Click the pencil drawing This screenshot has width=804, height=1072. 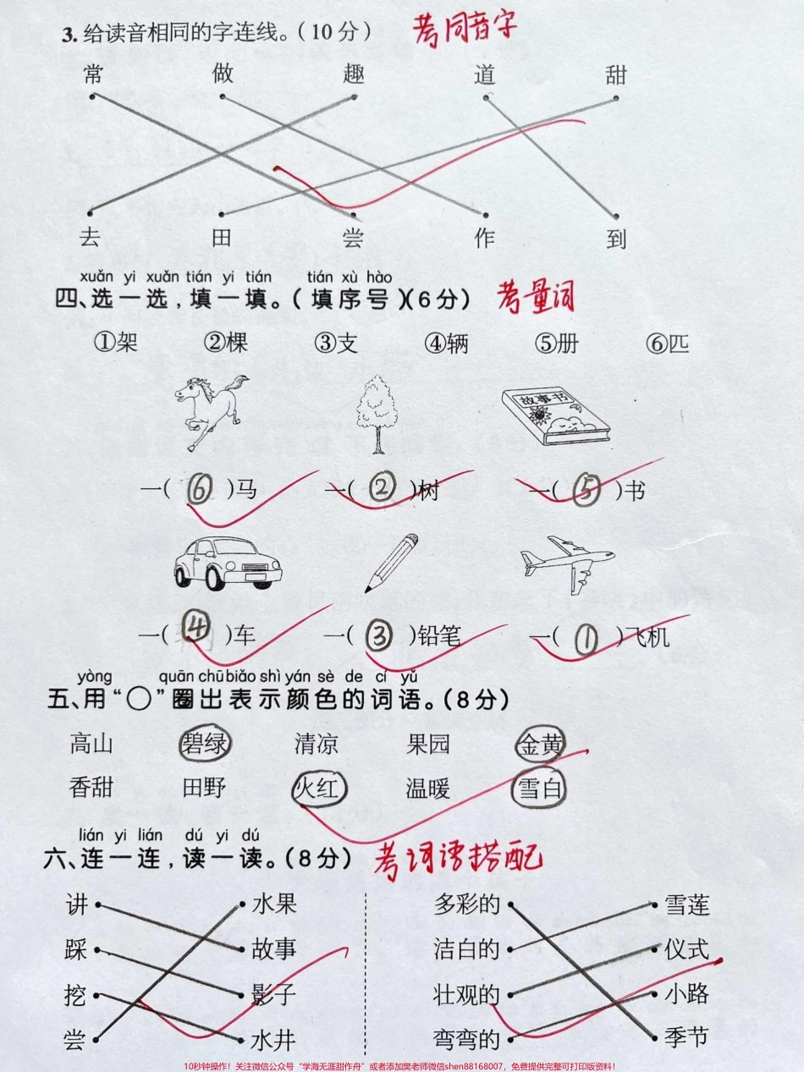click(x=392, y=563)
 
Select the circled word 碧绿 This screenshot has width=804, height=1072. click(x=205, y=745)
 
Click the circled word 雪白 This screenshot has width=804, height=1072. click(x=539, y=789)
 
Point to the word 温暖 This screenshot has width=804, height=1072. click(x=428, y=789)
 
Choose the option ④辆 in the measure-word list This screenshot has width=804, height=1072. click(x=447, y=344)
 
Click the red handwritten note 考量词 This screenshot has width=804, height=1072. click(x=535, y=298)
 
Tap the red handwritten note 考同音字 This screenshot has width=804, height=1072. click(x=464, y=30)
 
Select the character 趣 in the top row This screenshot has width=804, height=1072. click(x=354, y=74)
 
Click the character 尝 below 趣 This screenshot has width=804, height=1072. click(x=353, y=239)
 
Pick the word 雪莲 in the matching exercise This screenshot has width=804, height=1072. click(x=686, y=905)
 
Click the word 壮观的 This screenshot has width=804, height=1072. click(x=466, y=994)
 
